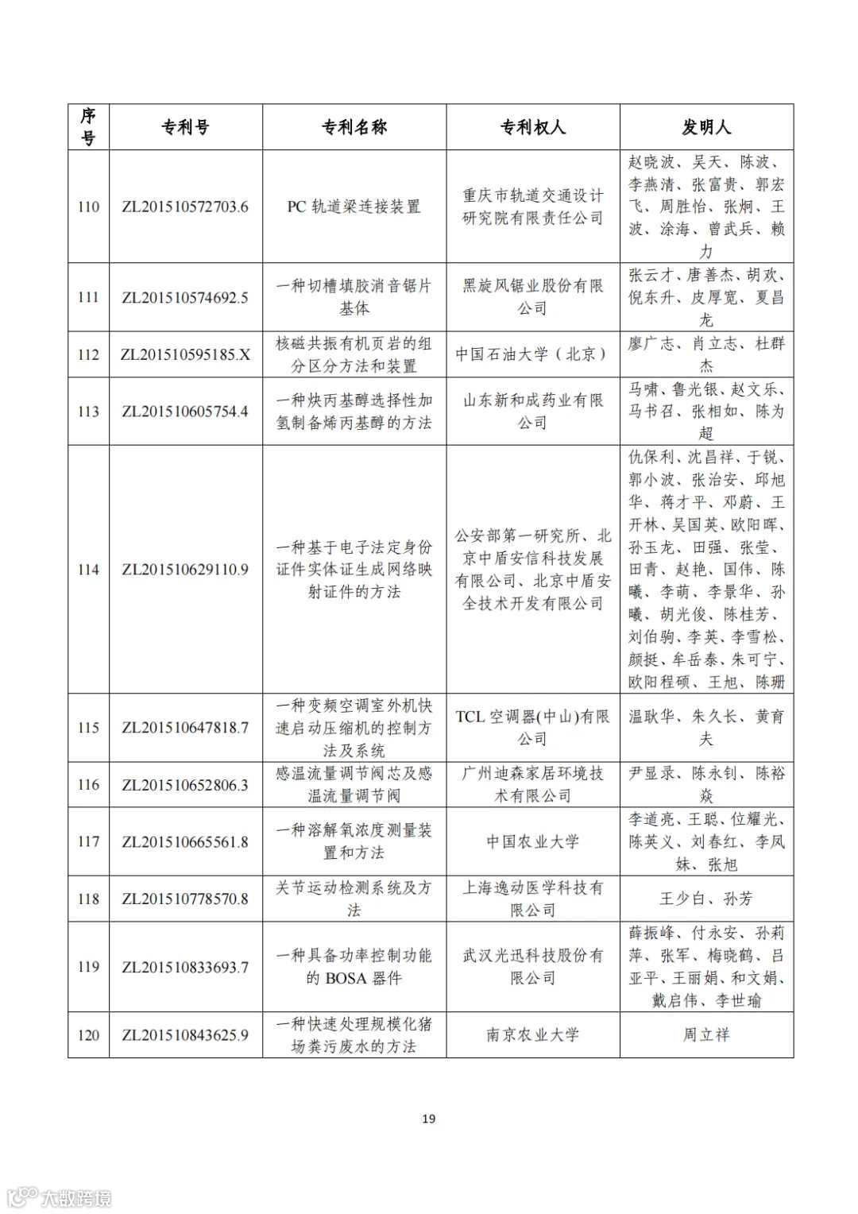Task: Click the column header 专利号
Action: (185, 127)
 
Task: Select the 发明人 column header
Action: (706, 127)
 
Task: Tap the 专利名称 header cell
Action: (354, 127)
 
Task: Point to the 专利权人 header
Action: (533, 127)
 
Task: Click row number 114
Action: (88, 570)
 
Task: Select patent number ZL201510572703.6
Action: (185, 207)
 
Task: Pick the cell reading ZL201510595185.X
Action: (185, 355)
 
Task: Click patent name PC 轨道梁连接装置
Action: (354, 207)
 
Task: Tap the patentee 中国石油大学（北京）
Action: (532, 354)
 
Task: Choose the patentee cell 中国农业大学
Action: (532, 841)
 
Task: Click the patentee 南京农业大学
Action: (532, 1035)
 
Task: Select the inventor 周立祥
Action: (706, 1035)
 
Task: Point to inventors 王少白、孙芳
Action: (706, 899)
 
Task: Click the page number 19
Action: (429, 1119)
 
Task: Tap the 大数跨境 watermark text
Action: (76, 1197)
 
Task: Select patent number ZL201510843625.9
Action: (185, 1035)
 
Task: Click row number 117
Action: (88, 841)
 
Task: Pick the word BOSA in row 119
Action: (346, 978)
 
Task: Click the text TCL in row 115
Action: (470, 717)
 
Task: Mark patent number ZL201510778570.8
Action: (185, 899)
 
